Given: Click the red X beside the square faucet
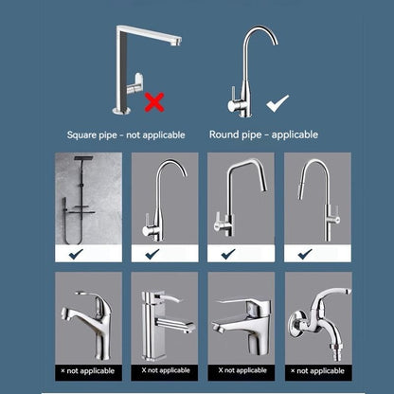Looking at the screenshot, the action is (154, 102).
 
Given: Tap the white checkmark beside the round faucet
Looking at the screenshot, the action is (278, 103).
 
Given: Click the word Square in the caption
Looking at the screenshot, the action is (81, 135).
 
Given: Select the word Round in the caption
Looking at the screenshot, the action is (224, 134).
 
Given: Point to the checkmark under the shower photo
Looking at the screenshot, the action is (76, 254).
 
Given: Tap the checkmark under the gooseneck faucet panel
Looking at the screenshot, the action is (152, 254).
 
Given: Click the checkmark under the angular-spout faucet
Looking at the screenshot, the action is (228, 254).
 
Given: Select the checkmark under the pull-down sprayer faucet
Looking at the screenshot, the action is (305, 254).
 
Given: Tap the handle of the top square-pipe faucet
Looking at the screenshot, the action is (135, 83).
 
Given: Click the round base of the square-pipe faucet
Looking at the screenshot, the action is (121, 110).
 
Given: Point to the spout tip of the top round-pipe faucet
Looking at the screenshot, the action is (276, 43).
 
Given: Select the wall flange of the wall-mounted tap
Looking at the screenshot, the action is (296, 323).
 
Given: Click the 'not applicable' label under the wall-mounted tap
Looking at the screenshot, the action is (317, 371).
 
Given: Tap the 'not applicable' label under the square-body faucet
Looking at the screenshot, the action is (166, 370).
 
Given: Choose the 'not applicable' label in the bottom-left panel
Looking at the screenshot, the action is (87, 371).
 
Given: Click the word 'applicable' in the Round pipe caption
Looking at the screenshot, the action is (295, 134).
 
